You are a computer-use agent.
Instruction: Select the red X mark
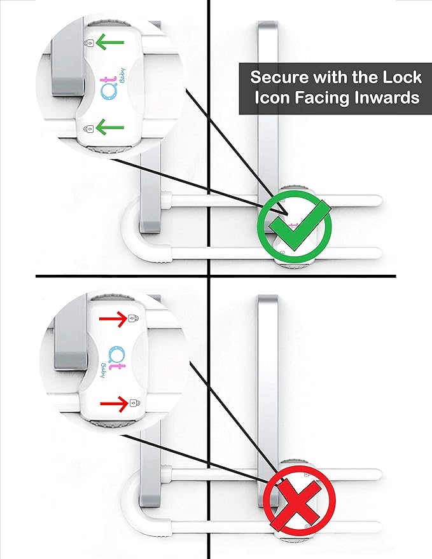coord(295,502)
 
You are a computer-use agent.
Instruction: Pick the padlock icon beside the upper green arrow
coord(90,43)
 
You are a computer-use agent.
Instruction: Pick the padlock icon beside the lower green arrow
coord(90,128)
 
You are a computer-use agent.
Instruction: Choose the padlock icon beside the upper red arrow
coord(133,317)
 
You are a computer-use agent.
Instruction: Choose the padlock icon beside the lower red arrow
coord(133,402)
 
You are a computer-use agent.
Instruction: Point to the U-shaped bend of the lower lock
coord(130,499)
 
